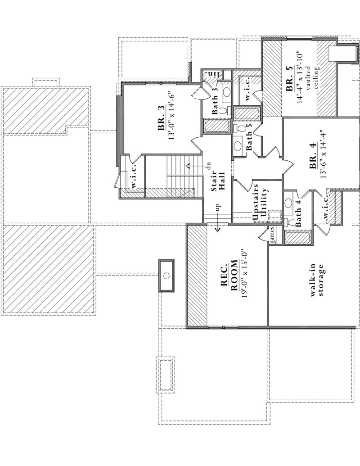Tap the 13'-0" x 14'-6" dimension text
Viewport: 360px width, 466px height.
coord(171,116)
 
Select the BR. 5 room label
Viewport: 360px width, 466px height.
coord(289,79)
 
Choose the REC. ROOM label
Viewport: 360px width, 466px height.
coord(229,276)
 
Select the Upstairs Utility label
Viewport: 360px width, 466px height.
coord(261,203)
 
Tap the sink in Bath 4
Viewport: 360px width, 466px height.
coord(288,203)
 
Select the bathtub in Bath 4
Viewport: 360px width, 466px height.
coord(297,237)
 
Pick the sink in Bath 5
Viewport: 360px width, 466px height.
coord(237,146)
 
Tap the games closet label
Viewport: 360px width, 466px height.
coord(272,237)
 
